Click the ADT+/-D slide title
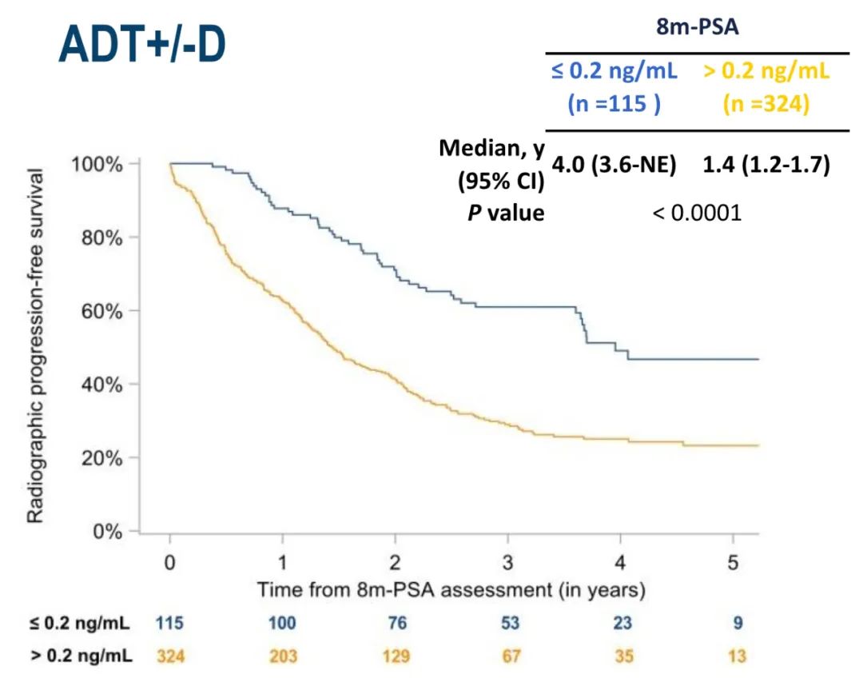click(x=142, y=46)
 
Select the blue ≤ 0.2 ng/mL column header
click(x=614, y=72)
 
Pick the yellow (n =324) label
click(x=766, y=104)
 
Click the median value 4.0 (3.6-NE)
click(x=614, y=166)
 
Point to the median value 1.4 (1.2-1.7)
click(x=766, y=166)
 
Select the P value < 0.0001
click(x=697, y=213)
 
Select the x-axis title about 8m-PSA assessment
click(x=451, y=590)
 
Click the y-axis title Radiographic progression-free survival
click(x=37, y=345)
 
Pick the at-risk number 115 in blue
click(x=169, y=622)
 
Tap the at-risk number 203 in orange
click(x=282, y=656)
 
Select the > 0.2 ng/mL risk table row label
click(x=82, y=656)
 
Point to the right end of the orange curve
click(x=756, y=445)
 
